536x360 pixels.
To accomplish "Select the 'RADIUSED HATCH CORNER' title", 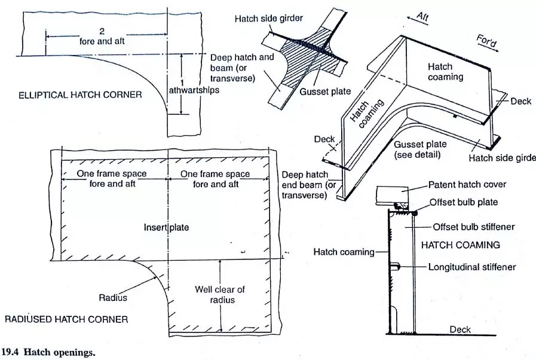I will point(66,319).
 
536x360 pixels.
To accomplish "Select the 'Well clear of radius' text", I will point(220,294).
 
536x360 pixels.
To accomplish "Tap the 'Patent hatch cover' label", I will point(468,185).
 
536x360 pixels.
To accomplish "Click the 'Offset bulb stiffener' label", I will point(474,227).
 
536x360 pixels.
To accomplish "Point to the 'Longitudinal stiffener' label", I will point(471,267).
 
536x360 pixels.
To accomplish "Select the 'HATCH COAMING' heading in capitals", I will point(461,245).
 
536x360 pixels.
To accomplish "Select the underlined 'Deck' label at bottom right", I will point(460,330).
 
